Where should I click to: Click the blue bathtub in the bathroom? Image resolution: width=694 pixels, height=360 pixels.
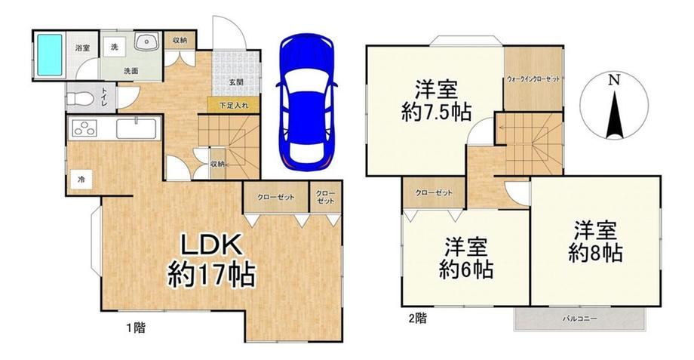click(x=49, y=55)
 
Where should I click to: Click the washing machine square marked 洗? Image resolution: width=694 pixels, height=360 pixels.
click(x=115, y=48)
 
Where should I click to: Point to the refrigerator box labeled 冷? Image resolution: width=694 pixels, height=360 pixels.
click(x=81, y=179)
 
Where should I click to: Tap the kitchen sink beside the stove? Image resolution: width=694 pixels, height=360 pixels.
click(x=136, y=129)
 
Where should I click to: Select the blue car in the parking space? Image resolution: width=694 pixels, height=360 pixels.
click(x=306, y=101)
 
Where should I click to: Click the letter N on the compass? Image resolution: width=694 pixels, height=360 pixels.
click(x=613, y=80)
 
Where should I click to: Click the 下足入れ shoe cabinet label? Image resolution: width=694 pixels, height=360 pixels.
click(x=234, y=106)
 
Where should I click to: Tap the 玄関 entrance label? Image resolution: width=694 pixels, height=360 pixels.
click(x=235, y=82)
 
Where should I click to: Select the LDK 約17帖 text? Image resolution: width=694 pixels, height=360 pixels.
click(x=210, y=261)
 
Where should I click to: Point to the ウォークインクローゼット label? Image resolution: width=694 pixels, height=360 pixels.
click(x=533, y=79)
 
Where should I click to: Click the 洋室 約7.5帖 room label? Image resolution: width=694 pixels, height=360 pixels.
click(x=436, y=101)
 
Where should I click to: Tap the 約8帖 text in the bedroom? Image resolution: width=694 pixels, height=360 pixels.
click(x=595, y=254)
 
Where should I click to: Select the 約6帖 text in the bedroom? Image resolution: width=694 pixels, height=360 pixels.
click(x=466, y=269)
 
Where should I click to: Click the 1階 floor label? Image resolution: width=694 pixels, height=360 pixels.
click(x=137, y=328)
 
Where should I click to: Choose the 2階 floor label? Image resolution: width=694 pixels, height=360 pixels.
click(x=417, y=318)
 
